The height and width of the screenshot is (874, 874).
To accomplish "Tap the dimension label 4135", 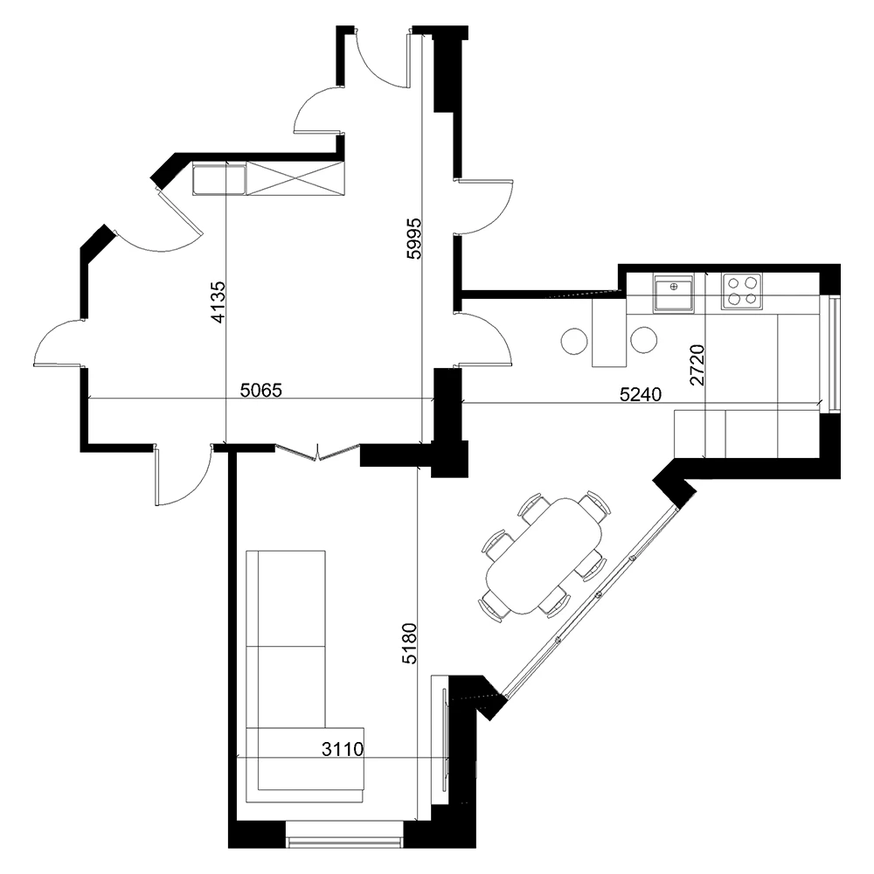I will [x=218, y=302].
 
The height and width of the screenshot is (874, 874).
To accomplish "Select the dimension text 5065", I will [x=261, y=391].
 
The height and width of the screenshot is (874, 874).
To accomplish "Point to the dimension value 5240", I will [x=641, y=394].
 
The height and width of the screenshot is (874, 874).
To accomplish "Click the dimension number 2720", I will [x=697, y=365].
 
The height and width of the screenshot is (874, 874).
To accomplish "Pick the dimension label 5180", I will [x=409, y=644].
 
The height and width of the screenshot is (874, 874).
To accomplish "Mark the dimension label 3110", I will [x=343, y=748].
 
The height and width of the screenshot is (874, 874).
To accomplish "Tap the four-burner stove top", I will [x=740, y=291].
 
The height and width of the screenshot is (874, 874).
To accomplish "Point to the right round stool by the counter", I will [x=644, y=339].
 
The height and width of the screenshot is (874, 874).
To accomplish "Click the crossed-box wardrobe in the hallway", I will [x=296, y=178].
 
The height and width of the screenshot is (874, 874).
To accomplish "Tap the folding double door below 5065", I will [x=317, y=451].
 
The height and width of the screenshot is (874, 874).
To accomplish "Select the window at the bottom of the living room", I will [x=344, y=842].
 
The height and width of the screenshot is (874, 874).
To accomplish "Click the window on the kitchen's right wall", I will [x=834, y=354].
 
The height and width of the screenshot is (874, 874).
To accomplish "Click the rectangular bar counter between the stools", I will [x=610, y=332].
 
